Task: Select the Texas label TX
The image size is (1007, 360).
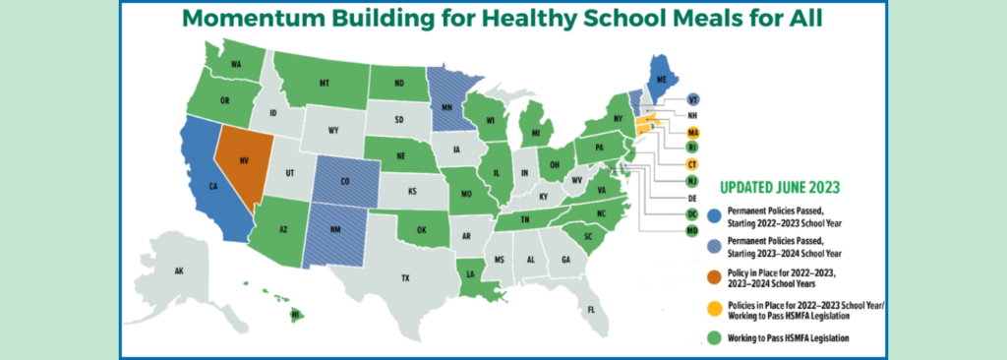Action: pyautogui.click(x=405, y=278)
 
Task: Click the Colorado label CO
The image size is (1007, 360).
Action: pyautogui.click(x=344, y=180)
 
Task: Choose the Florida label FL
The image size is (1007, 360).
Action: pyautogui.click(x=591, y=310)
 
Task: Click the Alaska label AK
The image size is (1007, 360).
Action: pyautogui.click(x=179, y=270)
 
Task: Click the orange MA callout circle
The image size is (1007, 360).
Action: pyautogui.click(x=692, y=132)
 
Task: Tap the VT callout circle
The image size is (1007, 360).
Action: pyautogui.click(x=692, y=99)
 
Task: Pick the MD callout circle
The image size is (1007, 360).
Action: pyautogui.click(x=692, y=230)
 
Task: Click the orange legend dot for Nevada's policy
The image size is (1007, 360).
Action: pyautogui.click(x=713, y=272)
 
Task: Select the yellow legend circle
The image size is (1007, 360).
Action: pyautogui.click(x=713, y=308)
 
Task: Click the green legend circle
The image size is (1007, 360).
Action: pyautogui.click(x=713, y=338)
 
